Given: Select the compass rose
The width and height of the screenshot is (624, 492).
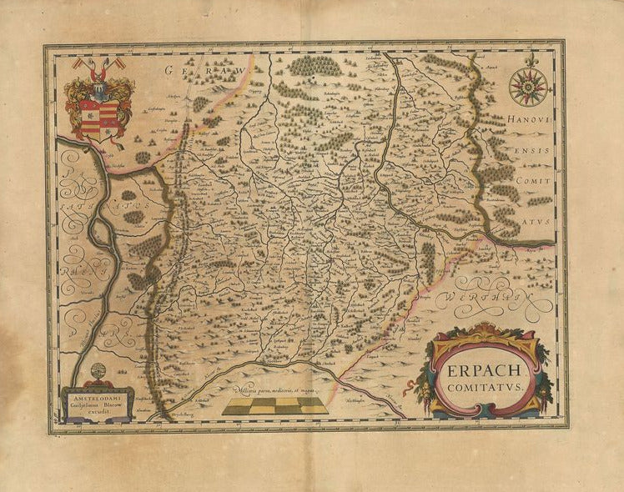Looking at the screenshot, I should point(528,87).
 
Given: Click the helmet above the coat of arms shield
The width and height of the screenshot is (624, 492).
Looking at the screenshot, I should point(99,78).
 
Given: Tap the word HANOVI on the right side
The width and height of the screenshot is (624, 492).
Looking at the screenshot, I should point(526,122).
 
